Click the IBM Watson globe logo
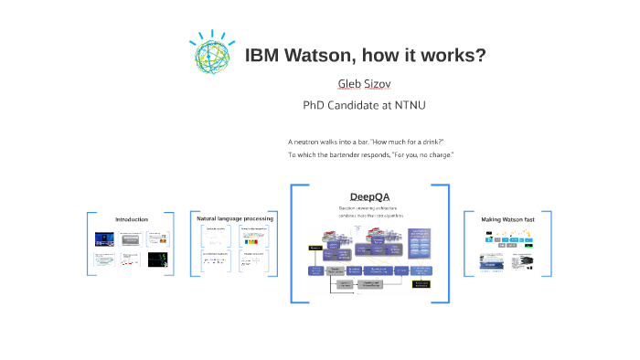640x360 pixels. [x=211, y=52]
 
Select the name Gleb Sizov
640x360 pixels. [x=364, y=84]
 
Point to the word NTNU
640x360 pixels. [x=408, y=105]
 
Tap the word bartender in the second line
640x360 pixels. [x=347, y=154]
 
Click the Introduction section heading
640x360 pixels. [x=131, y=219]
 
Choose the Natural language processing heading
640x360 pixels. [x=234, y=218]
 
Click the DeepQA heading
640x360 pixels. [x=369, y=197]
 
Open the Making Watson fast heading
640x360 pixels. [x=507, y=219]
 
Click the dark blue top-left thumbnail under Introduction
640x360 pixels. [x=106, y=239]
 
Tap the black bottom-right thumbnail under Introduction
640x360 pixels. [x=157, y=260]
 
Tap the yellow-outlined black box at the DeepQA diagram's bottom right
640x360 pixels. [x=421, y=285]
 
